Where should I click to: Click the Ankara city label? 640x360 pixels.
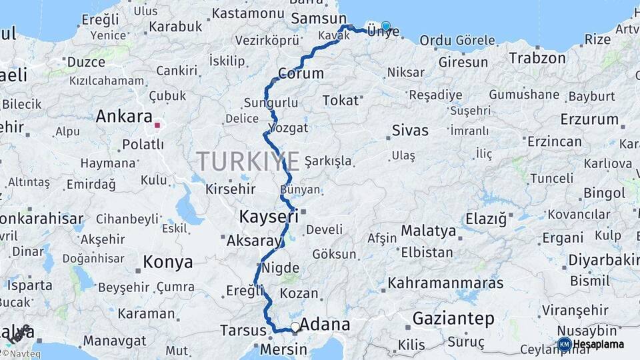124,117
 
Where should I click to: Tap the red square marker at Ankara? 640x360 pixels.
157,125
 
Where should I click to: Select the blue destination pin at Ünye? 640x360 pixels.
385,26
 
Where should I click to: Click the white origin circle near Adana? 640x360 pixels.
295,327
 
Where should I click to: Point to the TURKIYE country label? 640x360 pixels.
248,161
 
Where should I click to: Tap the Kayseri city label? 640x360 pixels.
269,217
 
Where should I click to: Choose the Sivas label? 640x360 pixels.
410,130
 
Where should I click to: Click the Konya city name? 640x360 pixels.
167,262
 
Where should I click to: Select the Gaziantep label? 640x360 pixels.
453,319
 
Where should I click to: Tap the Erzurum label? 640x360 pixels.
589,119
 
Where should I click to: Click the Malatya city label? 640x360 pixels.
428,231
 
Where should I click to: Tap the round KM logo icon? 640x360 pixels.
564,344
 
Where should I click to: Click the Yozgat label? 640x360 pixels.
288,127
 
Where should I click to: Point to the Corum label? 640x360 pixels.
301,73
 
